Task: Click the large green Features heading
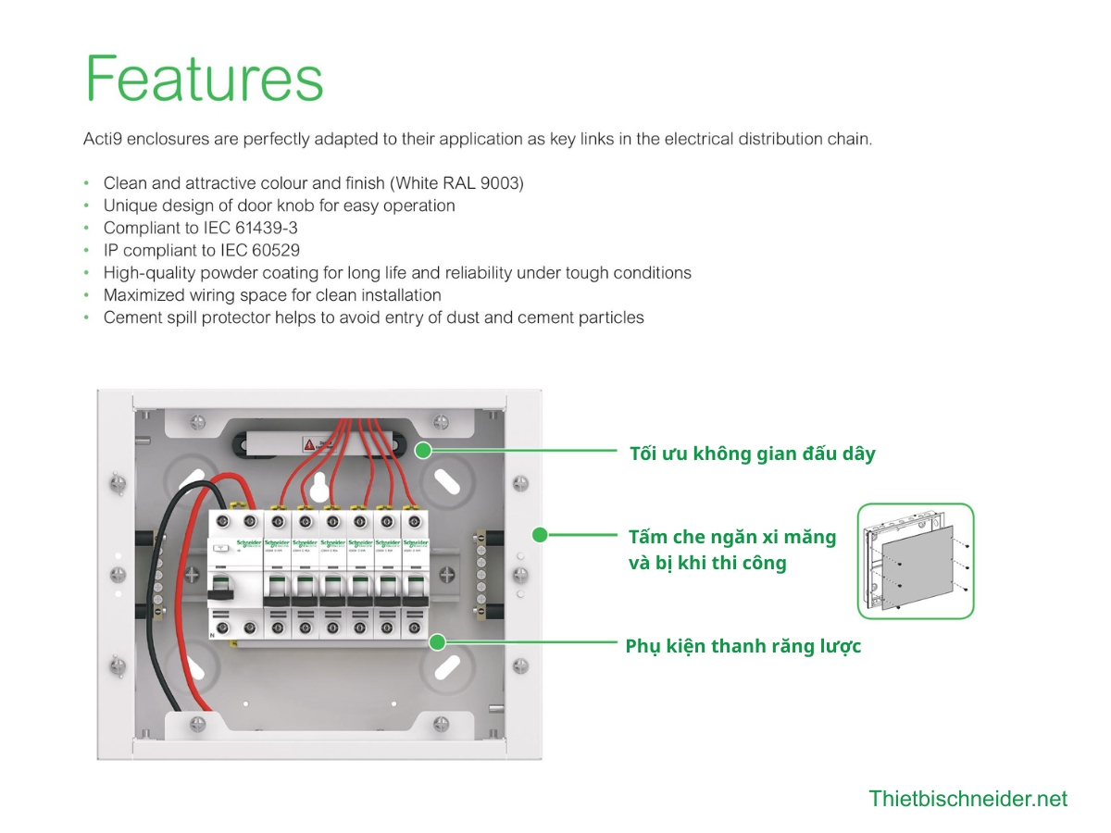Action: (x=205, y=78)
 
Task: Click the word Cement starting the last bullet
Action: (x=131, y=317)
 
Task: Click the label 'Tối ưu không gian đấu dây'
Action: (x=752, y=454)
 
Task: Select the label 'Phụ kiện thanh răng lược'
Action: (x=743, y=646)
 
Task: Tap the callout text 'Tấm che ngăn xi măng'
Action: (x=731, y=537)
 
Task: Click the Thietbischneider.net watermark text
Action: (x=967, y=799)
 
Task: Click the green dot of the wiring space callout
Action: (x=423, y=451)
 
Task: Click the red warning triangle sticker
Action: (x=309, y=445)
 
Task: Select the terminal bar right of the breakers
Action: (x=481, y=574)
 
